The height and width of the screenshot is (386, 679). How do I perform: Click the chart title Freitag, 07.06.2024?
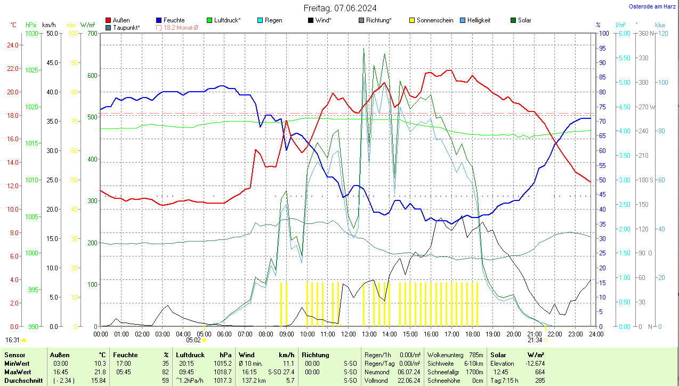339,8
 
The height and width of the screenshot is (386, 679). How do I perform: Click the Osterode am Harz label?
653,6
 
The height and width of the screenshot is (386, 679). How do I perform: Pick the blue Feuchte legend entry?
174,20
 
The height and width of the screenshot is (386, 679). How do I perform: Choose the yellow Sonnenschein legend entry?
434,20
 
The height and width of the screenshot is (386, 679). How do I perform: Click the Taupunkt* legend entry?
126,27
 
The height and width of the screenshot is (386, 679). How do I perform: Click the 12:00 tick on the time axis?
348,334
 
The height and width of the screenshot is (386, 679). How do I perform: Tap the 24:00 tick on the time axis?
596,334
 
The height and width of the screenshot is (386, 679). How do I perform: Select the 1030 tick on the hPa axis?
32,33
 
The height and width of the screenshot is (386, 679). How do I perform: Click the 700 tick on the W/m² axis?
92,33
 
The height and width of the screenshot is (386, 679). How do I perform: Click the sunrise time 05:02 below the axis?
193,340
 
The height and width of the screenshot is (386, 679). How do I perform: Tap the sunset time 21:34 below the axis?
535,340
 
